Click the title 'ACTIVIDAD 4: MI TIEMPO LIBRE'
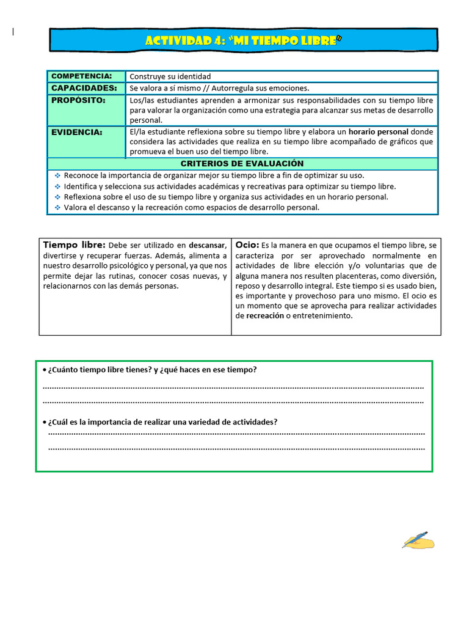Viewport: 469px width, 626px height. pos(243,40)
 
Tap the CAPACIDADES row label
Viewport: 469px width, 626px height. pos(84,88)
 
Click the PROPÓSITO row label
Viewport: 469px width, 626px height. pos(78,100)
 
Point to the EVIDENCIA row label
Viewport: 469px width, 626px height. pos(76,132)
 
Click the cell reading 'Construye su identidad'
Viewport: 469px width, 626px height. pos(170,76)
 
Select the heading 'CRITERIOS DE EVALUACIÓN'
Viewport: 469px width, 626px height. pos(242,164)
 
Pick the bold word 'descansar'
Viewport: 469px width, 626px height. pos(207,246)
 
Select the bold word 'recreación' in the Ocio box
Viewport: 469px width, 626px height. pos(264,316)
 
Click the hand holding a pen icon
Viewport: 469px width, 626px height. pos(418,540)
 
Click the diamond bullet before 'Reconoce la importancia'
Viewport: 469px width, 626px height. pos(57,175)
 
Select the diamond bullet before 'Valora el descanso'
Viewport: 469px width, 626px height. pos(57,208)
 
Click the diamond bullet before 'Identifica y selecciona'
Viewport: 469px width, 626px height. pos(57,186)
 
